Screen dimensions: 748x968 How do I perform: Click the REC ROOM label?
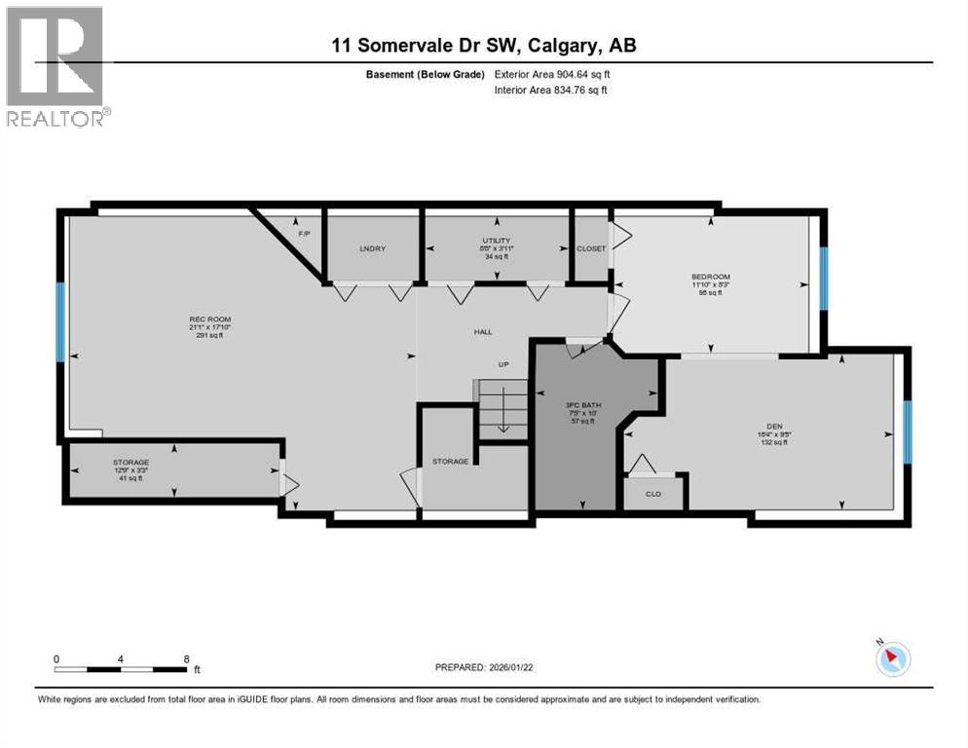point(209,319)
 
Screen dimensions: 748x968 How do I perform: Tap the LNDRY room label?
point(372,248)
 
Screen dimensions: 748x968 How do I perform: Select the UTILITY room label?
point(496,241)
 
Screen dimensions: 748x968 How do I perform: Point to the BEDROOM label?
point(710,277)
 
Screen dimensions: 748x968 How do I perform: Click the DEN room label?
point(774,426)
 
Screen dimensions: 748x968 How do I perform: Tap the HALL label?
point(483,332)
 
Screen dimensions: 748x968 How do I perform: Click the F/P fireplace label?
point(302,234)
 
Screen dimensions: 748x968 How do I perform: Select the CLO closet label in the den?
point(654,493)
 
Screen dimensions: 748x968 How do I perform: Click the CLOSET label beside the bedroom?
point(591,248)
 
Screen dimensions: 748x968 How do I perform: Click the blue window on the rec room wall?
point(60,321)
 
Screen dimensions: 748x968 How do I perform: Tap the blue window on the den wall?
point(907,431)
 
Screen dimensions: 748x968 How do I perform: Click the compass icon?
point(892,659)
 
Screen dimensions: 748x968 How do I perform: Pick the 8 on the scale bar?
point(186,658)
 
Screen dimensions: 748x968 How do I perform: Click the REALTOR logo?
point(56,66)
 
